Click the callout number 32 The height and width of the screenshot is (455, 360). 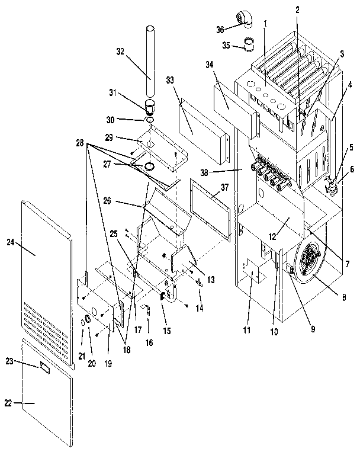point(121,52)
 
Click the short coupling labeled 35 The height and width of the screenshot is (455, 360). point(250,44)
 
